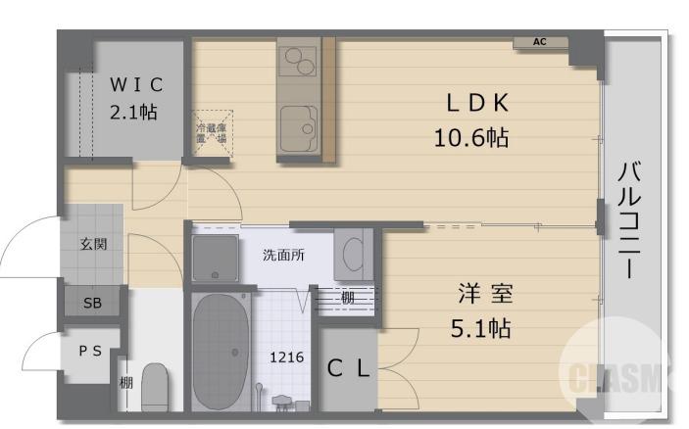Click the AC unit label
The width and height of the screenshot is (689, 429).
540,42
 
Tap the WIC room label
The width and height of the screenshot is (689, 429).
135,83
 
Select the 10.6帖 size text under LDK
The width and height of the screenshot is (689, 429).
471,136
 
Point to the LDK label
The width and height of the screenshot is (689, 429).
479,102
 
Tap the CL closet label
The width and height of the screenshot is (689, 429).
348,369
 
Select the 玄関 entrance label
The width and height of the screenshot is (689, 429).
93,243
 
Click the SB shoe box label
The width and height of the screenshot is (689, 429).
92,304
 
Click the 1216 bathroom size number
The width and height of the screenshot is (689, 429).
286,357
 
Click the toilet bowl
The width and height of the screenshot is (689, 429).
156,387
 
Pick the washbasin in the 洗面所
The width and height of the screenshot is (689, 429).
352,255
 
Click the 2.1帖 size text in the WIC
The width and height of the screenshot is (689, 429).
134,112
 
